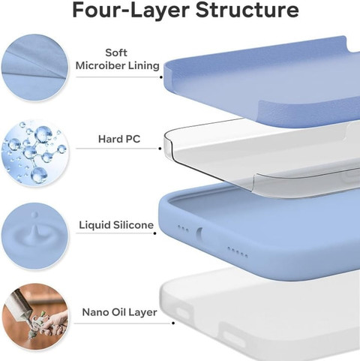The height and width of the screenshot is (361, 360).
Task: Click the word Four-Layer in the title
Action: [x=130, y=10]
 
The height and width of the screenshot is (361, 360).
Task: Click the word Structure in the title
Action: [x=247, y=10]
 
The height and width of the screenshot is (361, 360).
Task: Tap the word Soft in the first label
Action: [x=116, y=53]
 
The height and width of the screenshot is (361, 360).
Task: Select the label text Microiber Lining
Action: [x=118, y=65]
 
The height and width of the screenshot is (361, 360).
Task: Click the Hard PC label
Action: [x=119, y=139]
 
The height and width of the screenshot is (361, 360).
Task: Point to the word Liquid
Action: [x=94, y=225]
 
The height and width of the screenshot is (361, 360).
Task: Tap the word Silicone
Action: [x=133, y=225]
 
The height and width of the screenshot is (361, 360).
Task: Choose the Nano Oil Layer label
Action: [x=119, y=312]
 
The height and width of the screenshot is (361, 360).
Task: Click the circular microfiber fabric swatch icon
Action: [x=34, y=68]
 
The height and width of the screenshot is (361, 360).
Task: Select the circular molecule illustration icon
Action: [x=34, y=152]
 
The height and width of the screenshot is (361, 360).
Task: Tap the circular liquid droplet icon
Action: [x=34, y=236]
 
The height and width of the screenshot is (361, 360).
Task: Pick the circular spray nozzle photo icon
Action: [x=35, y=317]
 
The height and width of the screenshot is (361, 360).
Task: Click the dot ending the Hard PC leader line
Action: [x=160, y=149]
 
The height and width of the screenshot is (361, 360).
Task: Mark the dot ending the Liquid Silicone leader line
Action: [x=155, y=233]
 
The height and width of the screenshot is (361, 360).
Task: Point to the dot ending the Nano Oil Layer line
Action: [x=173, y=323]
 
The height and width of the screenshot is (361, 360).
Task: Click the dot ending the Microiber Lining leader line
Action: [x=161, y=77]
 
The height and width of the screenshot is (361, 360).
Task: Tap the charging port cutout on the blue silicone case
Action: [x=199, y=235]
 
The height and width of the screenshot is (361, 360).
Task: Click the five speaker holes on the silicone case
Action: [x=238, y=252]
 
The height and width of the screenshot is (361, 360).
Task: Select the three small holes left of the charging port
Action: [x=183, y=228]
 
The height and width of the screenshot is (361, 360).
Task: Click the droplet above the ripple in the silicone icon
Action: [x=35, y=215]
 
